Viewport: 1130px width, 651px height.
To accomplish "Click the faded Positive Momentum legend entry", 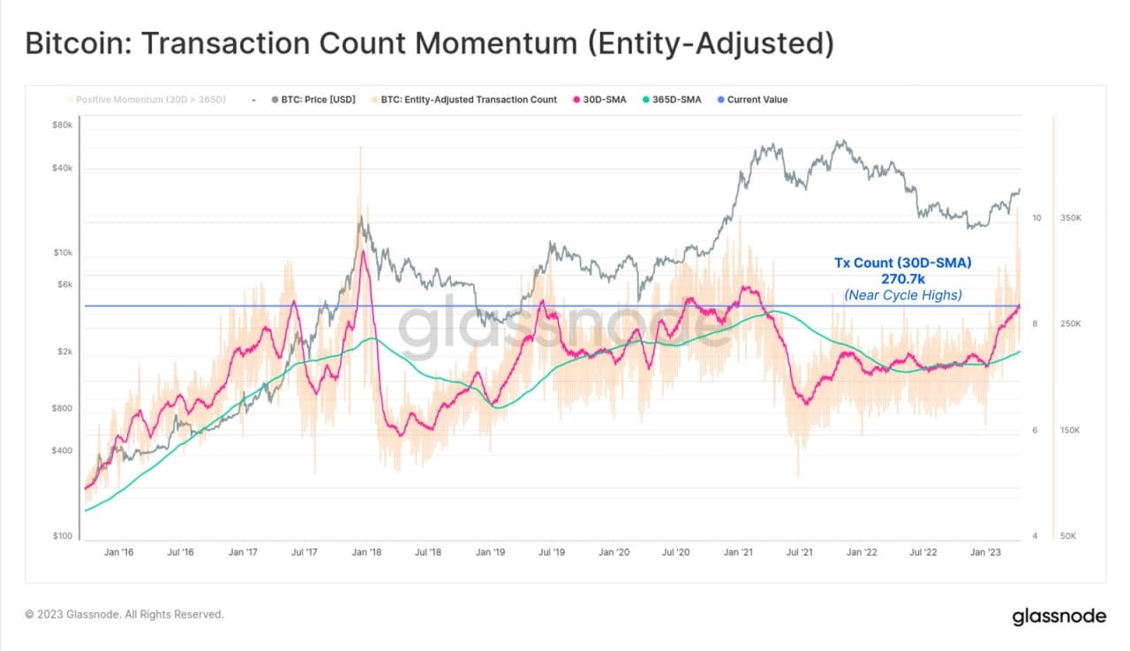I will [x=146, y=100].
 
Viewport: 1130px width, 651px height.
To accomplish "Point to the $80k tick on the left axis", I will [x=63, y=125].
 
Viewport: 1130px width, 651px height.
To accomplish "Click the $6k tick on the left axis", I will [x=64, y=284].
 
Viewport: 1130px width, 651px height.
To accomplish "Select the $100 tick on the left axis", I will [x=63, y=536].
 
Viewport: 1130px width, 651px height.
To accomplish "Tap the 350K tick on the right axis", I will [x=1070, y=217].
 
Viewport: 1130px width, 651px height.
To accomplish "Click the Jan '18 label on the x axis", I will [x=365, y=552].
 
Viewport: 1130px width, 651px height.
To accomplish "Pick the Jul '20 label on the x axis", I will [x=675, y=552].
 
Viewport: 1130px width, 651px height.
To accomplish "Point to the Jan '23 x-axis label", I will [x=985, y=552].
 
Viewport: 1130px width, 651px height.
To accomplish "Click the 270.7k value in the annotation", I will [x=903, y=279].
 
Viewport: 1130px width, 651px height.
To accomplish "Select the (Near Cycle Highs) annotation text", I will [x=903, y=295].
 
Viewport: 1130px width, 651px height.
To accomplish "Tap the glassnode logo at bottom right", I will [x=1058, y=616].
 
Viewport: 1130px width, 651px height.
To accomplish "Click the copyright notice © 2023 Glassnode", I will [x=124, y=614].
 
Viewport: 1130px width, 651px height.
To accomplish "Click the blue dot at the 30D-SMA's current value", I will [x=1020, y=306].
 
